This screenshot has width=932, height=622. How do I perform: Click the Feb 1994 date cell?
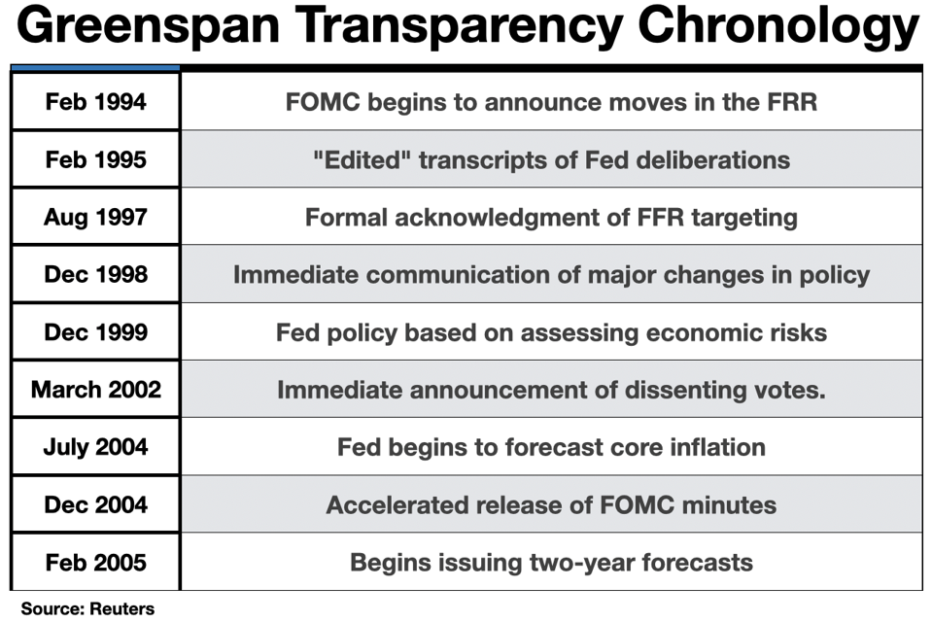tap(95, 101)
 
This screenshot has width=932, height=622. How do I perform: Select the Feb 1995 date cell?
tap(95, 158)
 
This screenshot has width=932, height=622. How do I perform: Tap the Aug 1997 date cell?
tap(95, 217)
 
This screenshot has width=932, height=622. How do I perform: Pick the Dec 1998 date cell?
tap(95, 273)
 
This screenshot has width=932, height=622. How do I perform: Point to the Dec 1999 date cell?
tap(95, 331)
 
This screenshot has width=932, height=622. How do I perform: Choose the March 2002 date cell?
tap(95, 389)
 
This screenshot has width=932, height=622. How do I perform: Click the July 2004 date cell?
tap(95, 447)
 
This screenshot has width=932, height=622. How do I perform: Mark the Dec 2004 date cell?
tap(95, 504)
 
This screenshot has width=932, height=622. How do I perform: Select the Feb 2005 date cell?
tap(95, 562)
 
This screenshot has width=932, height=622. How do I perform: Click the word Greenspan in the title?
tap(149, 27)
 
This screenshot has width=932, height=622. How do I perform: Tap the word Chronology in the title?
tap(778, 27)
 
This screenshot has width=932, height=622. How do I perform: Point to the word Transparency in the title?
tap(459, 27)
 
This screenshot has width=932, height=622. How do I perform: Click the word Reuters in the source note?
tap(121, 608)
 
